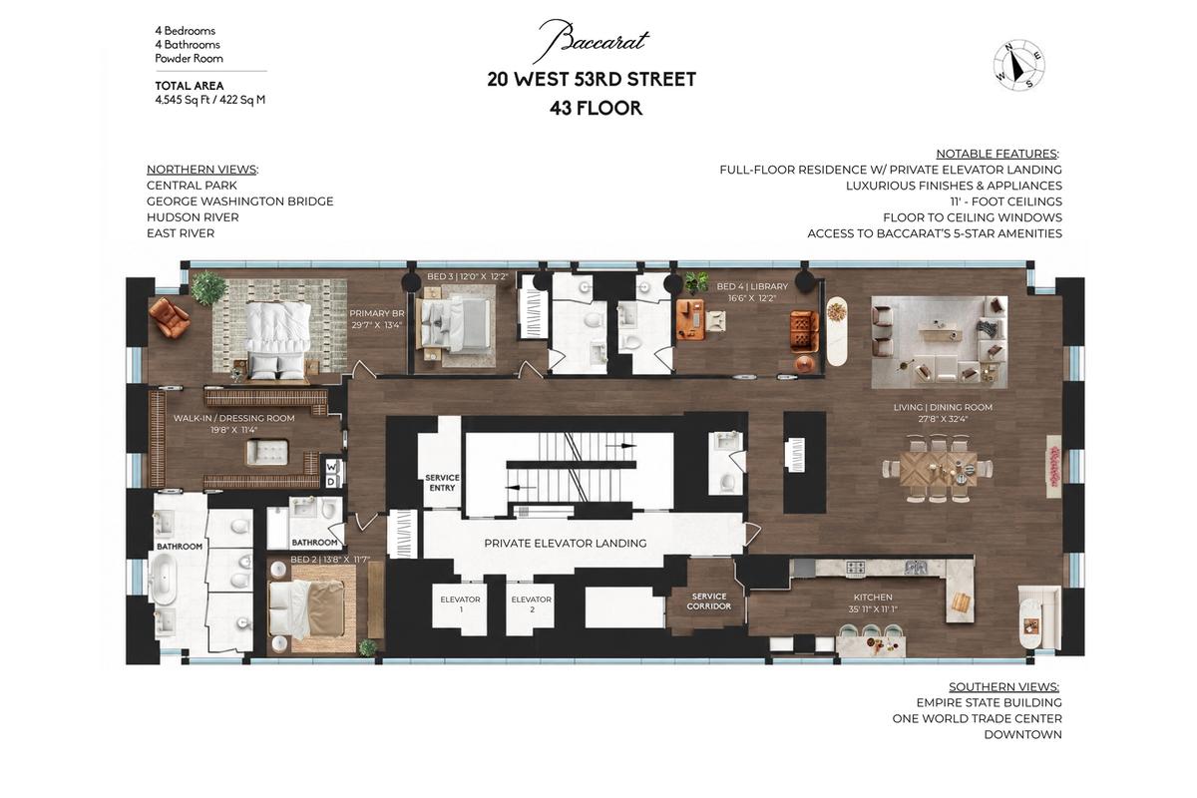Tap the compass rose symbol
click(x=1019, y=65)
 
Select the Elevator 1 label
click(x=460, y=603)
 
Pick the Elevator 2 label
click(x=531, y=603)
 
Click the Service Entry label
click(x=442, y=483)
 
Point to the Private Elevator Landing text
click(x=566, y=543)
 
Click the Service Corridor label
click(x=708, y=600)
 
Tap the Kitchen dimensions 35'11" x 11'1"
click(x=873, y=608)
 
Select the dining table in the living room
click(x=939, y=469)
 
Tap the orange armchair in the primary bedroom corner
click(x=169, y=317)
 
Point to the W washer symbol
click(x=331, y=467)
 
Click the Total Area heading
click(x=190, y=86)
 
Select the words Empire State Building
click(x=989, y=702)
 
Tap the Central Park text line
click(x=192, y=185)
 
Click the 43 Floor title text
click(x=596, y=108)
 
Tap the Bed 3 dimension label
click(x=467, y=276)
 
